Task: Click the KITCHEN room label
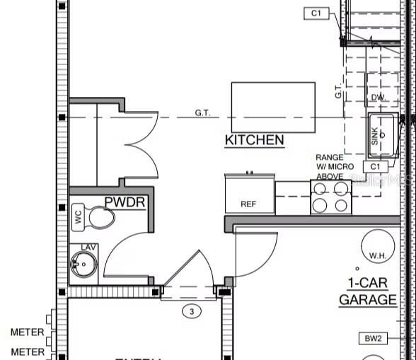point(255,140)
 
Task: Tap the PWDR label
point(125,203)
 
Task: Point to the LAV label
point(88,247)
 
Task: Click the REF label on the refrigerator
point(248,204)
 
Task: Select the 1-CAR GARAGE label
point(367,291)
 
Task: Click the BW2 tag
point(373,339)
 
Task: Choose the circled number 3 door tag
point(190,310)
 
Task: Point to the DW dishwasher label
point(377,98)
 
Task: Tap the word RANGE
point(330,157)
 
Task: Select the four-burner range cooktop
point(331,197)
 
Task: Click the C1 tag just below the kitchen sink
point(375,166)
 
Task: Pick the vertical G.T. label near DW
point(358,91)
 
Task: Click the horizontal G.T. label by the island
point(202,112)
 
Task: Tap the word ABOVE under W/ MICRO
point(330,176)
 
